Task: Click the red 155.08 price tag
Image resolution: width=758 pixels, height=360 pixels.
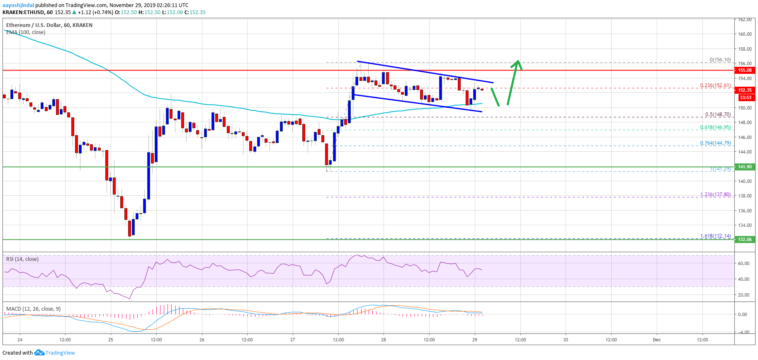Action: (745, 70)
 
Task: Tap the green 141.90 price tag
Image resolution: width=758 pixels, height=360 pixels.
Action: (745, 167)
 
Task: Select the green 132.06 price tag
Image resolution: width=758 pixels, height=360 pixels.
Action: (745, 239)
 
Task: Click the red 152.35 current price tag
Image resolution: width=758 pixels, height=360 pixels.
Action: (745, 90)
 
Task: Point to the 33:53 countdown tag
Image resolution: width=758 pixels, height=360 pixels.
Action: (745, 97)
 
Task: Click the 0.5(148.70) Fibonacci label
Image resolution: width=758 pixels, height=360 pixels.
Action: (718, 115)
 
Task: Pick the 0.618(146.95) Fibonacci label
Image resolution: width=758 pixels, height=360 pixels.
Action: (715, 128)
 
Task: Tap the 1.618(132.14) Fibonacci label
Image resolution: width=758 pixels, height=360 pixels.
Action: (715, 236)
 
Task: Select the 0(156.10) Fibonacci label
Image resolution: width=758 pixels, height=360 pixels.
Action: (720, 60)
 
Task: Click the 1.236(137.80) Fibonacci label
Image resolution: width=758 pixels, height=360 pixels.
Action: (715, 195)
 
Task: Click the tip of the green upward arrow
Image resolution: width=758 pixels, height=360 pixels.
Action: (518, 61)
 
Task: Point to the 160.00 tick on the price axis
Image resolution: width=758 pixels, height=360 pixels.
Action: (745, 34)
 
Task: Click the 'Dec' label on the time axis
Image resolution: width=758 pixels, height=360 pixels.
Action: (656, 340)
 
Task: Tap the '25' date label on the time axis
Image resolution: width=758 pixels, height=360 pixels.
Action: (110, 340)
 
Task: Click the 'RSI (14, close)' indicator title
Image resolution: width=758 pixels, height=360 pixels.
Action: (22, 259)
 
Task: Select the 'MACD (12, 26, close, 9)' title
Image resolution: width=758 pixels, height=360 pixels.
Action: (33, 309)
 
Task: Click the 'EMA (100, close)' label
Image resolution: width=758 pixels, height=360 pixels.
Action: (26, 32)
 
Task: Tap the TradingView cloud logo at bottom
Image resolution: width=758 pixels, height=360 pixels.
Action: (39, 353)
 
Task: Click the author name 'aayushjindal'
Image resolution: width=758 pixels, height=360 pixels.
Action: (18, 5)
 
